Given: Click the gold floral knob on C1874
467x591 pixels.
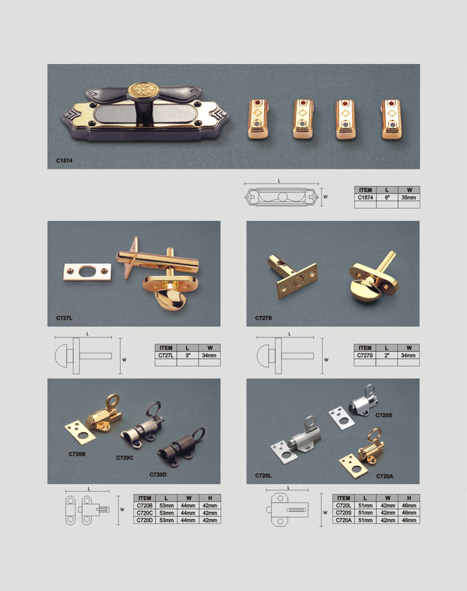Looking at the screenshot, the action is (x=140, y=90).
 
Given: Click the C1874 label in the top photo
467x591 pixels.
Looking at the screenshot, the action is (x=64, y=160).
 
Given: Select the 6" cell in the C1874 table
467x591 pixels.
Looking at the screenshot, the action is (x=387, y=197).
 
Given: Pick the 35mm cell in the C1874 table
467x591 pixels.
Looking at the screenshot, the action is (x=408, y=197).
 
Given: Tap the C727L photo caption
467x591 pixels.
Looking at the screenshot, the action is (x=64, y=318).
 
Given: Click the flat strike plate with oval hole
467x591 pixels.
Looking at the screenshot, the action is (x=87, y=272).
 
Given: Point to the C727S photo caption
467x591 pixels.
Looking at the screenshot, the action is (x=263, y=318).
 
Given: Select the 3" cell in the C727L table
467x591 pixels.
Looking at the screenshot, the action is (x=187, y=355).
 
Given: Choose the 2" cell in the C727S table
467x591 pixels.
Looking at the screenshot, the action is (x=387, y=355).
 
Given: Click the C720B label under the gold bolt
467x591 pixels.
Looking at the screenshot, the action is (x=77, y=454).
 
